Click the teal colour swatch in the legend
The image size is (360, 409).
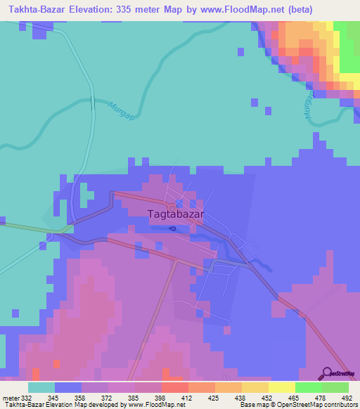click(x=41, y=387)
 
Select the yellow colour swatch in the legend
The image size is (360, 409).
click(x=281, y=387)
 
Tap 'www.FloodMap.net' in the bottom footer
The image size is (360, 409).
click(x=154, y=405)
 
